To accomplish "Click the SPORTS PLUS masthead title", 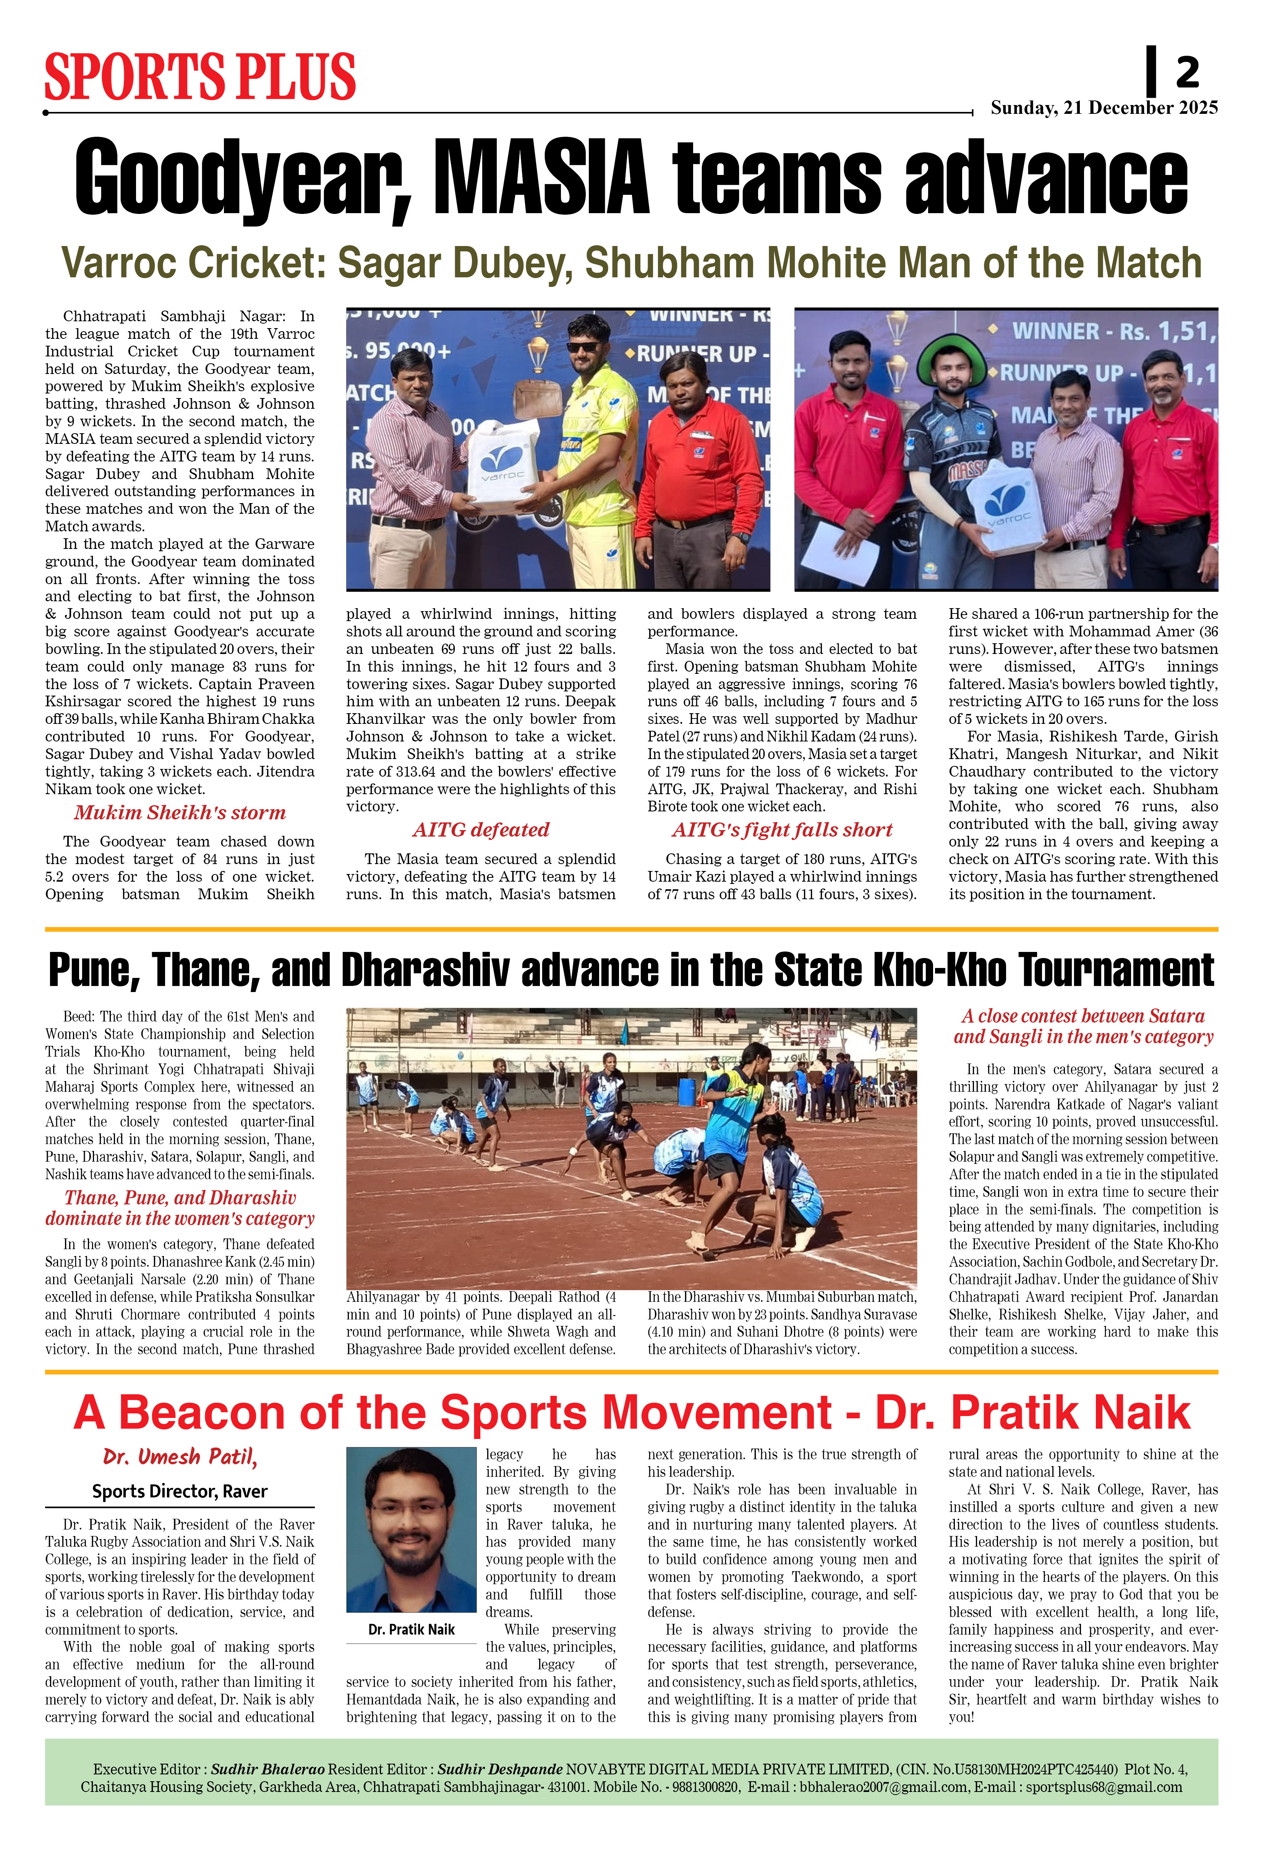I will tap(200, 77).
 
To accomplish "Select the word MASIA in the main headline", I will tap(541, 177).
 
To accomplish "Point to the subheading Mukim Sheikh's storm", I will tap(180, 813).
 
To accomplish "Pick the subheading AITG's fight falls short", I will tap(782, 830).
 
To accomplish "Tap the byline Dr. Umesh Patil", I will tap(180, 1457).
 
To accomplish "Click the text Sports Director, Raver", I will tap(180, 1491).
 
